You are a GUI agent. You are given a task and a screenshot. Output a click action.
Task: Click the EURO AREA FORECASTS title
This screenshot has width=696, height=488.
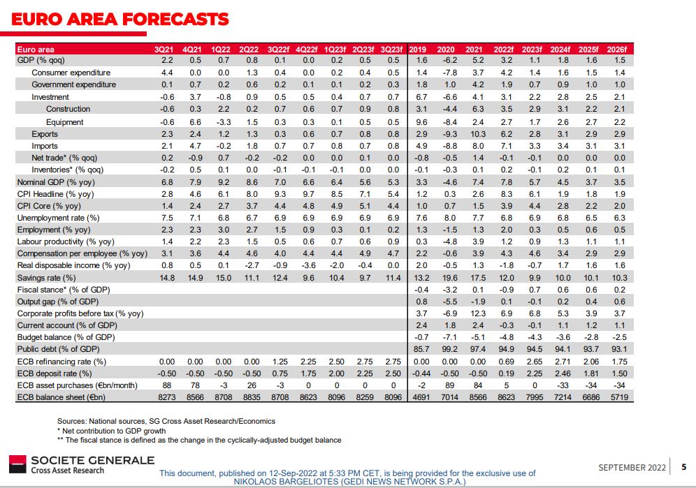(120, 19)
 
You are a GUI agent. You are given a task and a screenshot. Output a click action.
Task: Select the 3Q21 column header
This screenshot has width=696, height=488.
(165, 50)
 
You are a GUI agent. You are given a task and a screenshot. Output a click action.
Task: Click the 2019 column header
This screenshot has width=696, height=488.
(417, 50)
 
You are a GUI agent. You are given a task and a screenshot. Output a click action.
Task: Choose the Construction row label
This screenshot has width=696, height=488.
(68, 109)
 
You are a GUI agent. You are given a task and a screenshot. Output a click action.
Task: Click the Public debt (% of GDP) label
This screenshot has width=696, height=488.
(58, 349)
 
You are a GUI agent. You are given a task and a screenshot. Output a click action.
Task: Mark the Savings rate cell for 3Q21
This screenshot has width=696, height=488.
(167, 278)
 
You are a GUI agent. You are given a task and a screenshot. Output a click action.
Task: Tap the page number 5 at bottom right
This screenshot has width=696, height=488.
(684, 466)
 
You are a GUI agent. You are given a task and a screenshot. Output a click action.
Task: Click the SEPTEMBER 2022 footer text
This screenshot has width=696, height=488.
(631, 466)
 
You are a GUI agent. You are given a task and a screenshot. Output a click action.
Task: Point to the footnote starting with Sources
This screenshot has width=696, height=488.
(166, 421)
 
